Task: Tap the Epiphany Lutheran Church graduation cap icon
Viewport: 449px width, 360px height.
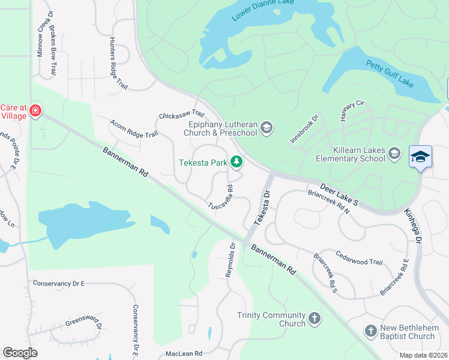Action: click(x=267, y=127)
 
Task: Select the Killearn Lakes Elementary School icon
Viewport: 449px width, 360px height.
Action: click(x=394, y=154)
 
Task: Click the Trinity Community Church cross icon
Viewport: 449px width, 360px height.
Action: click(x=315, y=319)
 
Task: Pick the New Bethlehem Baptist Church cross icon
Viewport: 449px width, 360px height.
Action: click(x=370, y=331)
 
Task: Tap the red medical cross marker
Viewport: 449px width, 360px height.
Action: click(x=35, y=111)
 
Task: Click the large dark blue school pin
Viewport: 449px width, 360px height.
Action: click(x=421, y=157)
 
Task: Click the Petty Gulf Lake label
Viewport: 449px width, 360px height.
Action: click(x=390, y=74)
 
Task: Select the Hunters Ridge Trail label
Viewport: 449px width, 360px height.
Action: click(x=118, y=63)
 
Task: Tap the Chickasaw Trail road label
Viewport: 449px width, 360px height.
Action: click(x=182, y=115)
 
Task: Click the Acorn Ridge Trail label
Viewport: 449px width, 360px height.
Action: click(x=134, y=128)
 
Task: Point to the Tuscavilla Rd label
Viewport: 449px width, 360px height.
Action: click(x=220, y=197)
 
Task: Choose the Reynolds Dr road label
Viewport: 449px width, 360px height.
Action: click(x=230, y=259)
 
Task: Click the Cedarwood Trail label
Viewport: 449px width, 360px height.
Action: click(x=359, y=258)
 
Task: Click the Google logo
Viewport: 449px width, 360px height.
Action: click(x=20, y=353)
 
